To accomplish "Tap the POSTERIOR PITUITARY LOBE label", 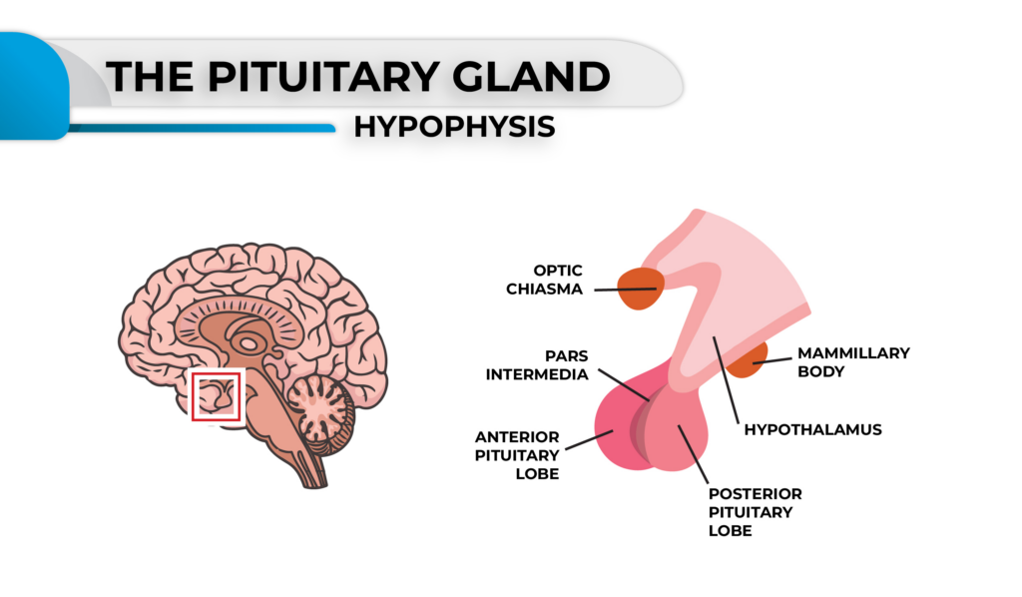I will pyautogui.click(x=755, y=512).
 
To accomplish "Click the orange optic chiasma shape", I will pyautogui.click(x=640, y=289).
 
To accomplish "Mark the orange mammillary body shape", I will pyautogui.click(x=750, y=360).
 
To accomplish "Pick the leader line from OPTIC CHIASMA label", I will pyautogui.click(x=624, y=291).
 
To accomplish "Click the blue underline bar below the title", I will pyautogui.click(x=200, y=128).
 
